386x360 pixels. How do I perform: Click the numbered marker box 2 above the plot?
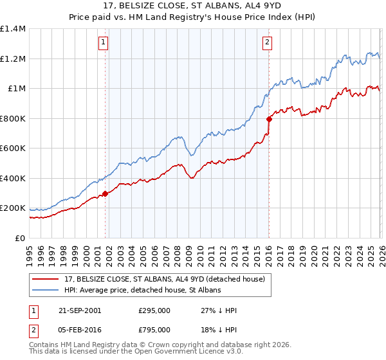pos(267,43)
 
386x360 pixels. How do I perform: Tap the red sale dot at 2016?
pos(268,119)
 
